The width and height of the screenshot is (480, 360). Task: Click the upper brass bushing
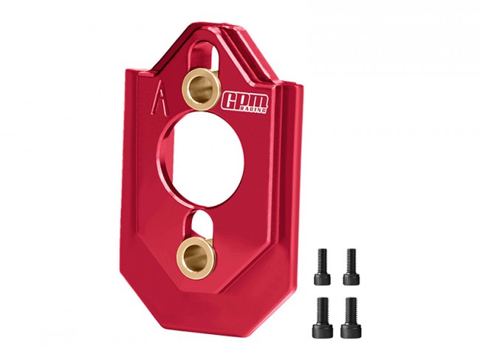click(x=201, y=89)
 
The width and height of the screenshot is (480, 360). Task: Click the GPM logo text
click(x=245, y=102)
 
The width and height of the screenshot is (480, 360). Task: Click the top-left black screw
click(x=322, y=266)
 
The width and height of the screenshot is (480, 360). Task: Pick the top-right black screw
click(x=351, y=266)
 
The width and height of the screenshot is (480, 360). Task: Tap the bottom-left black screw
click(x=323, y=317)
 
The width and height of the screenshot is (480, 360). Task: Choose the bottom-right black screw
click(x=351, y=317)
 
